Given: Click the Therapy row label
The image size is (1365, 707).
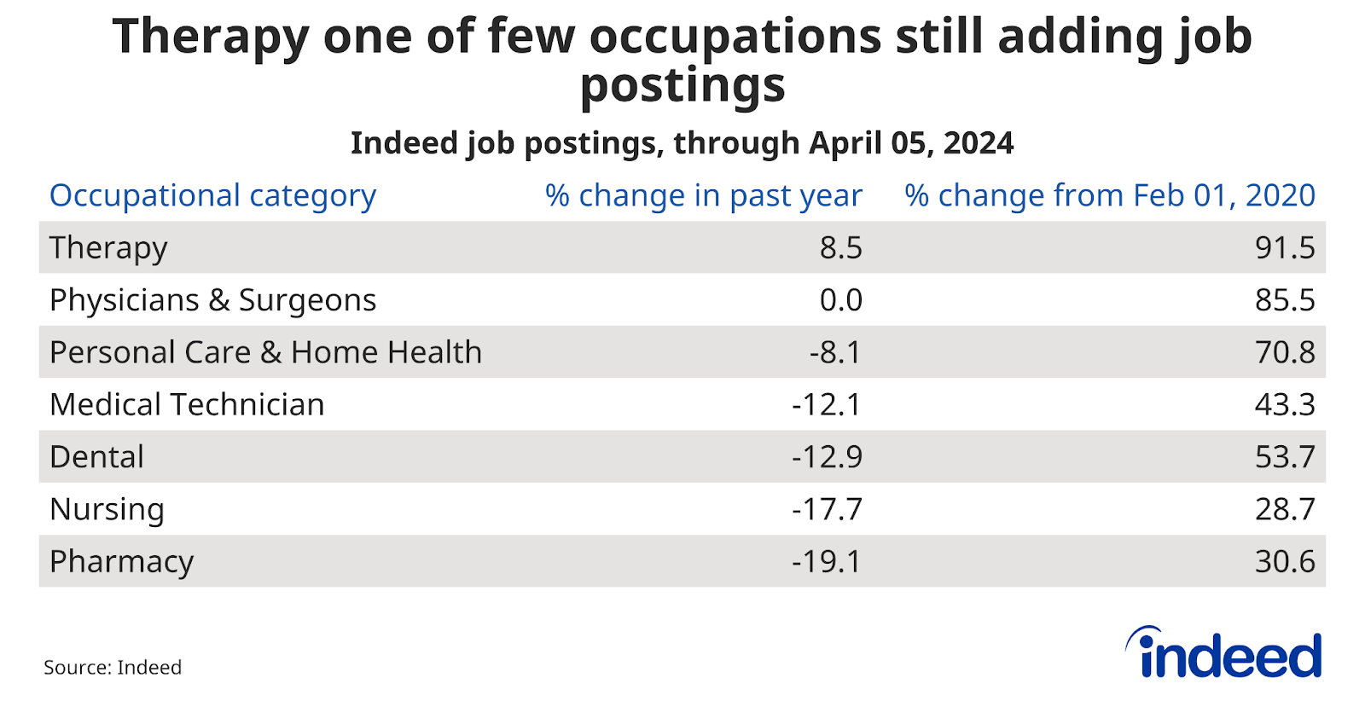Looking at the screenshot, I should tap(108, 248).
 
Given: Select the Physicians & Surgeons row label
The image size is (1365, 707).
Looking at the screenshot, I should tap(212, 300).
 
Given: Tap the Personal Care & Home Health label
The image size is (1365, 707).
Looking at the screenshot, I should tap(265, 352).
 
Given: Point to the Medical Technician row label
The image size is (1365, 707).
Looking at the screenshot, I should tap(187, 404).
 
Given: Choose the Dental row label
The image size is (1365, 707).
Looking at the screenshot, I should tap(96, 457).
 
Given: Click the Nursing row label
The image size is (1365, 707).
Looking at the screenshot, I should tap(107, 509).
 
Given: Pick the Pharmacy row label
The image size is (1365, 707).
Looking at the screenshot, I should tap(121, 562).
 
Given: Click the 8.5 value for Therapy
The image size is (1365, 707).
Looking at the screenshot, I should tap(840, 248).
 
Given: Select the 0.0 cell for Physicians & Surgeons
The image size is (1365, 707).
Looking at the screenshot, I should tap(840, 300).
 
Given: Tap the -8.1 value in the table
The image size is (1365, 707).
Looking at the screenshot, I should tap(835, 352).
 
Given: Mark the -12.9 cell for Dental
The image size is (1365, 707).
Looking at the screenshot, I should tap(827, 457).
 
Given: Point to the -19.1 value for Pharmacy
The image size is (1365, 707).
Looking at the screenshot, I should tap(827, 562).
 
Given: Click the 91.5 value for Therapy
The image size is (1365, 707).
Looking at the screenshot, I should tap(1284, 248).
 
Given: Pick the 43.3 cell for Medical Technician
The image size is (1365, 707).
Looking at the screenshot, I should tap(1284, 404).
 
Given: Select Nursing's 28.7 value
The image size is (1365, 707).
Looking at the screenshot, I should tap(1284, 509).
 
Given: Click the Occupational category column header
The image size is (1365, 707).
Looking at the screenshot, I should tap(212, 196).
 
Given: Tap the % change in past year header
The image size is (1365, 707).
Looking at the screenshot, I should tap(703, 196).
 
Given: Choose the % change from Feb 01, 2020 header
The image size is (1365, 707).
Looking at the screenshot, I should tap(1109, 196).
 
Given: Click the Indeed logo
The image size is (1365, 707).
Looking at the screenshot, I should tap(1225, 653).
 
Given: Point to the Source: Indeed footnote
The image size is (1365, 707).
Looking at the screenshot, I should tap(113, 667).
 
